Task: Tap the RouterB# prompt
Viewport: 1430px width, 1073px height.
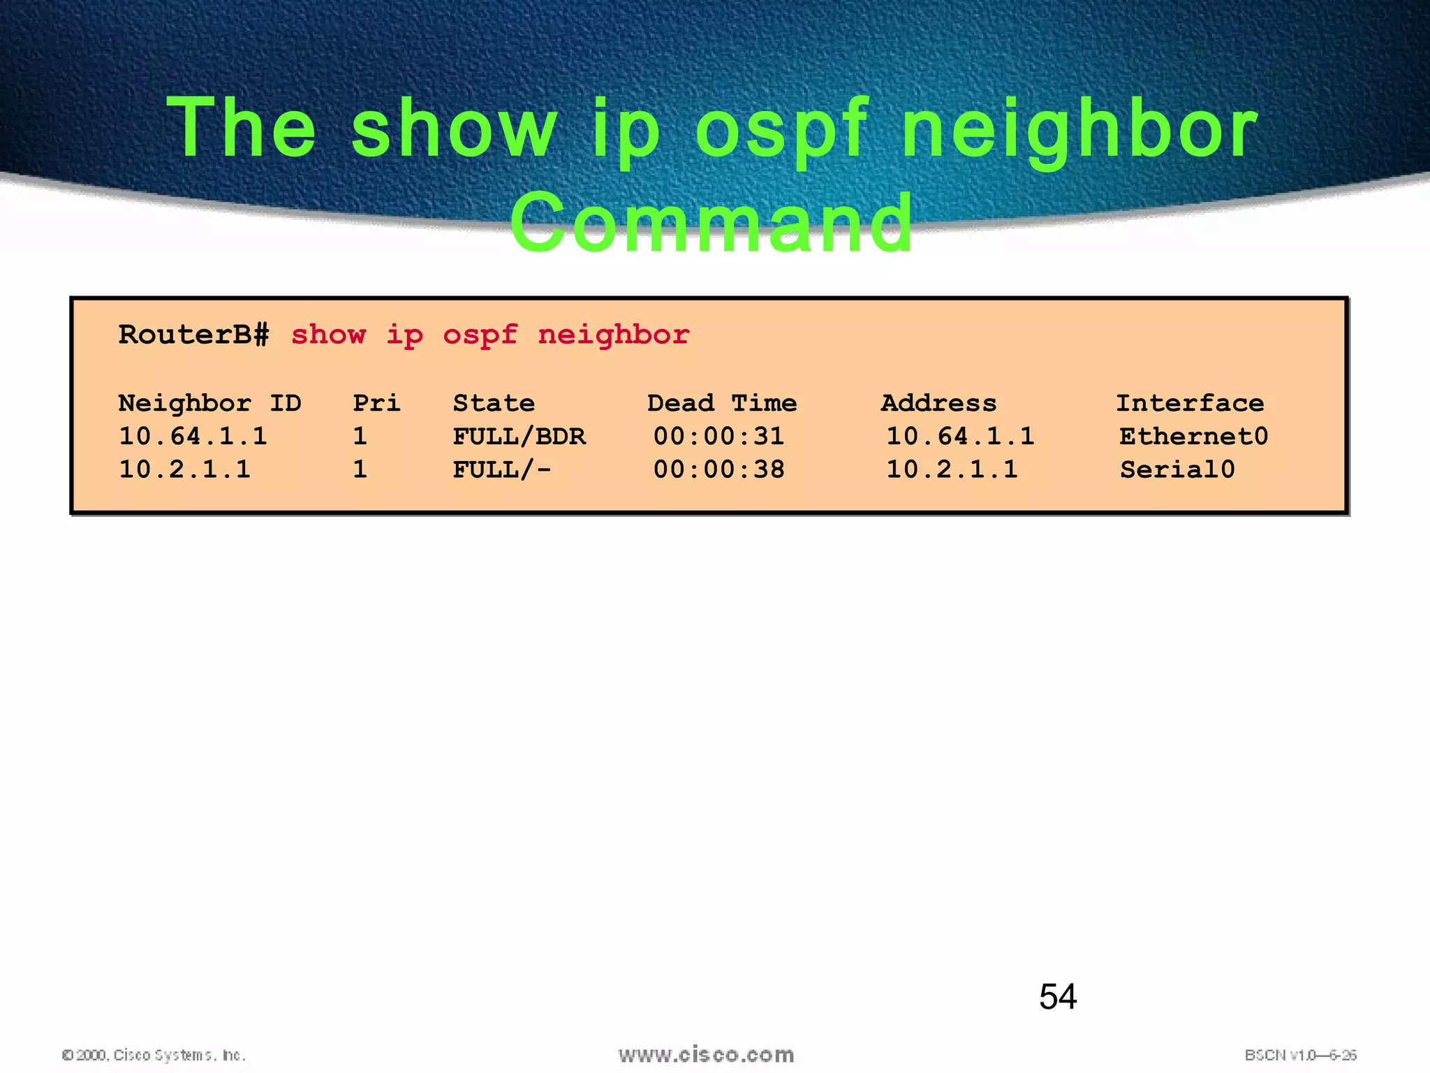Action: point(193,335)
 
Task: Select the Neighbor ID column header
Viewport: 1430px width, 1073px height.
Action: point(209,403)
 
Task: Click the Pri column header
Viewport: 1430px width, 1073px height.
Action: point(376,403)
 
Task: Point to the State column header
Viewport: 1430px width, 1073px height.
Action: point(494,403)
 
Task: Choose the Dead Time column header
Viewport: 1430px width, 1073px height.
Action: point(721,403)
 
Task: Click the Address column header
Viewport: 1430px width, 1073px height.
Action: point(938,403)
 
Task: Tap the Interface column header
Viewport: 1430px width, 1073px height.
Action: point(1190,403)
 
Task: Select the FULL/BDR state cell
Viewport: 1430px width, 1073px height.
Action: point(519,437)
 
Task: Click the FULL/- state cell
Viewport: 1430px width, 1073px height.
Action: point(501,469)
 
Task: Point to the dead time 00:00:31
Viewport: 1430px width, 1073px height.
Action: point(718,437)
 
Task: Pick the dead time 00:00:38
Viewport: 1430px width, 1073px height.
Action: point(718,469)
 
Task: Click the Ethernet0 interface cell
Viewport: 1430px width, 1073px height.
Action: point(1193,437)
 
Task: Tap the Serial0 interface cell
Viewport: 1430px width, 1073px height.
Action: point(1177,469)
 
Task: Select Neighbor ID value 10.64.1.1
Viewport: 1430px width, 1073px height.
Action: point(193,437)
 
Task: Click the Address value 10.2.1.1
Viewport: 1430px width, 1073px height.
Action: point(952,469)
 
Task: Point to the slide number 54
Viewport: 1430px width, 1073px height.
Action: point(1058,996)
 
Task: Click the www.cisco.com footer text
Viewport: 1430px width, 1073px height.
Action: point(706,1054)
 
